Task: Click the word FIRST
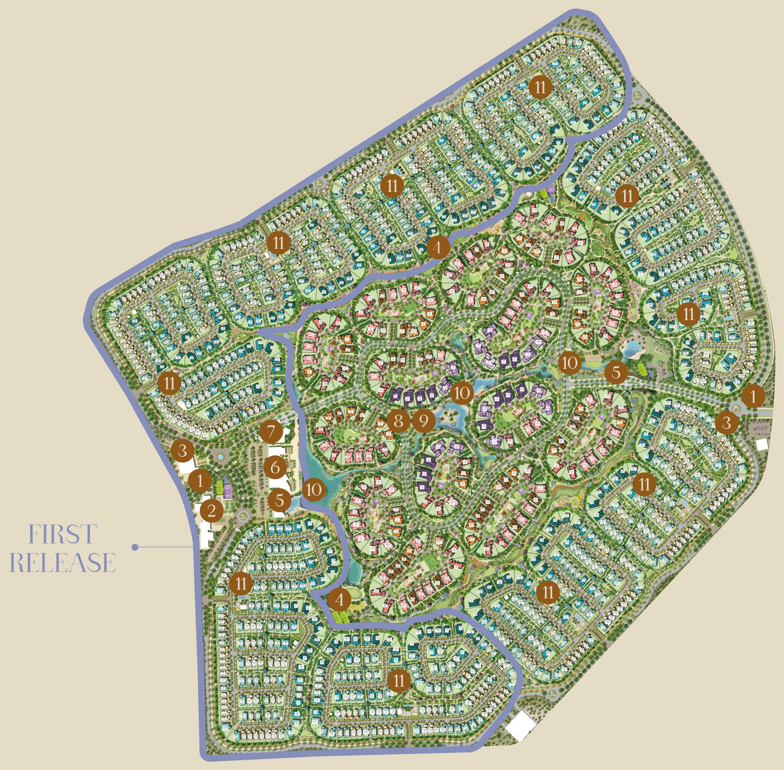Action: click(63, 534)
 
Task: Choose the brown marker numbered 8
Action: click(398, 421)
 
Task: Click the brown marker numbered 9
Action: click(423, 421)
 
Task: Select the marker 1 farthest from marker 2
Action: click(753, 396)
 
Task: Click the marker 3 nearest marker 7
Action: click(182, 451)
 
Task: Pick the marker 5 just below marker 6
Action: click(279, 500)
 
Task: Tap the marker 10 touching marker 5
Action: click(314, 490)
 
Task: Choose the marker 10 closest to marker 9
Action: click(461, 392)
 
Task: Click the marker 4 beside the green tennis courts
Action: click(339, 599)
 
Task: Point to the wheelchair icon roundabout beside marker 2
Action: click(243, 516)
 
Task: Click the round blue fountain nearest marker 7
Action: click(221, 457)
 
